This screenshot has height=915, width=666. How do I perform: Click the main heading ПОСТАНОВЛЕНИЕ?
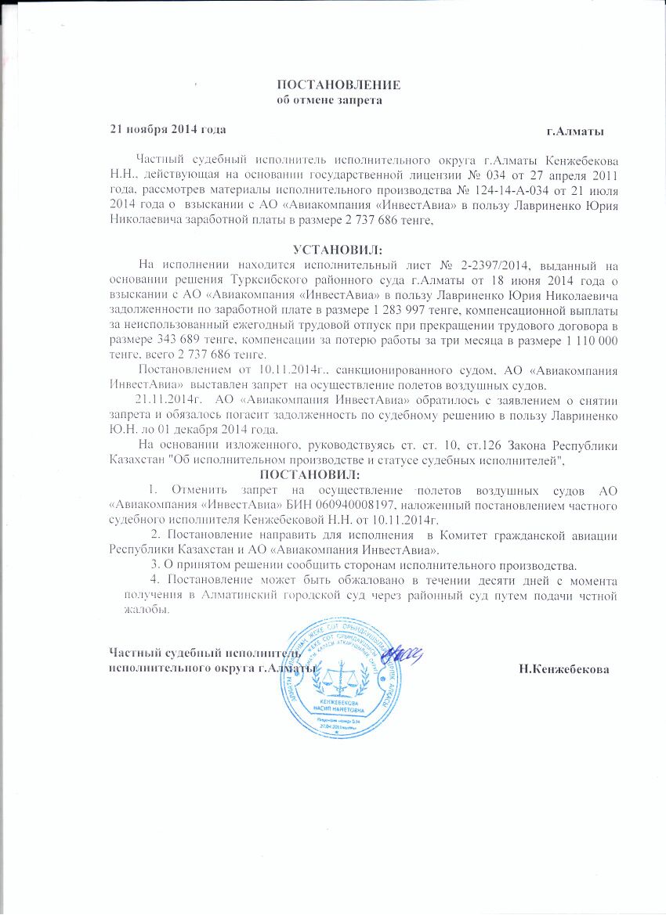341,84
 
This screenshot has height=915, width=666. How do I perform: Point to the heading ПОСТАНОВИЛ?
310,475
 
